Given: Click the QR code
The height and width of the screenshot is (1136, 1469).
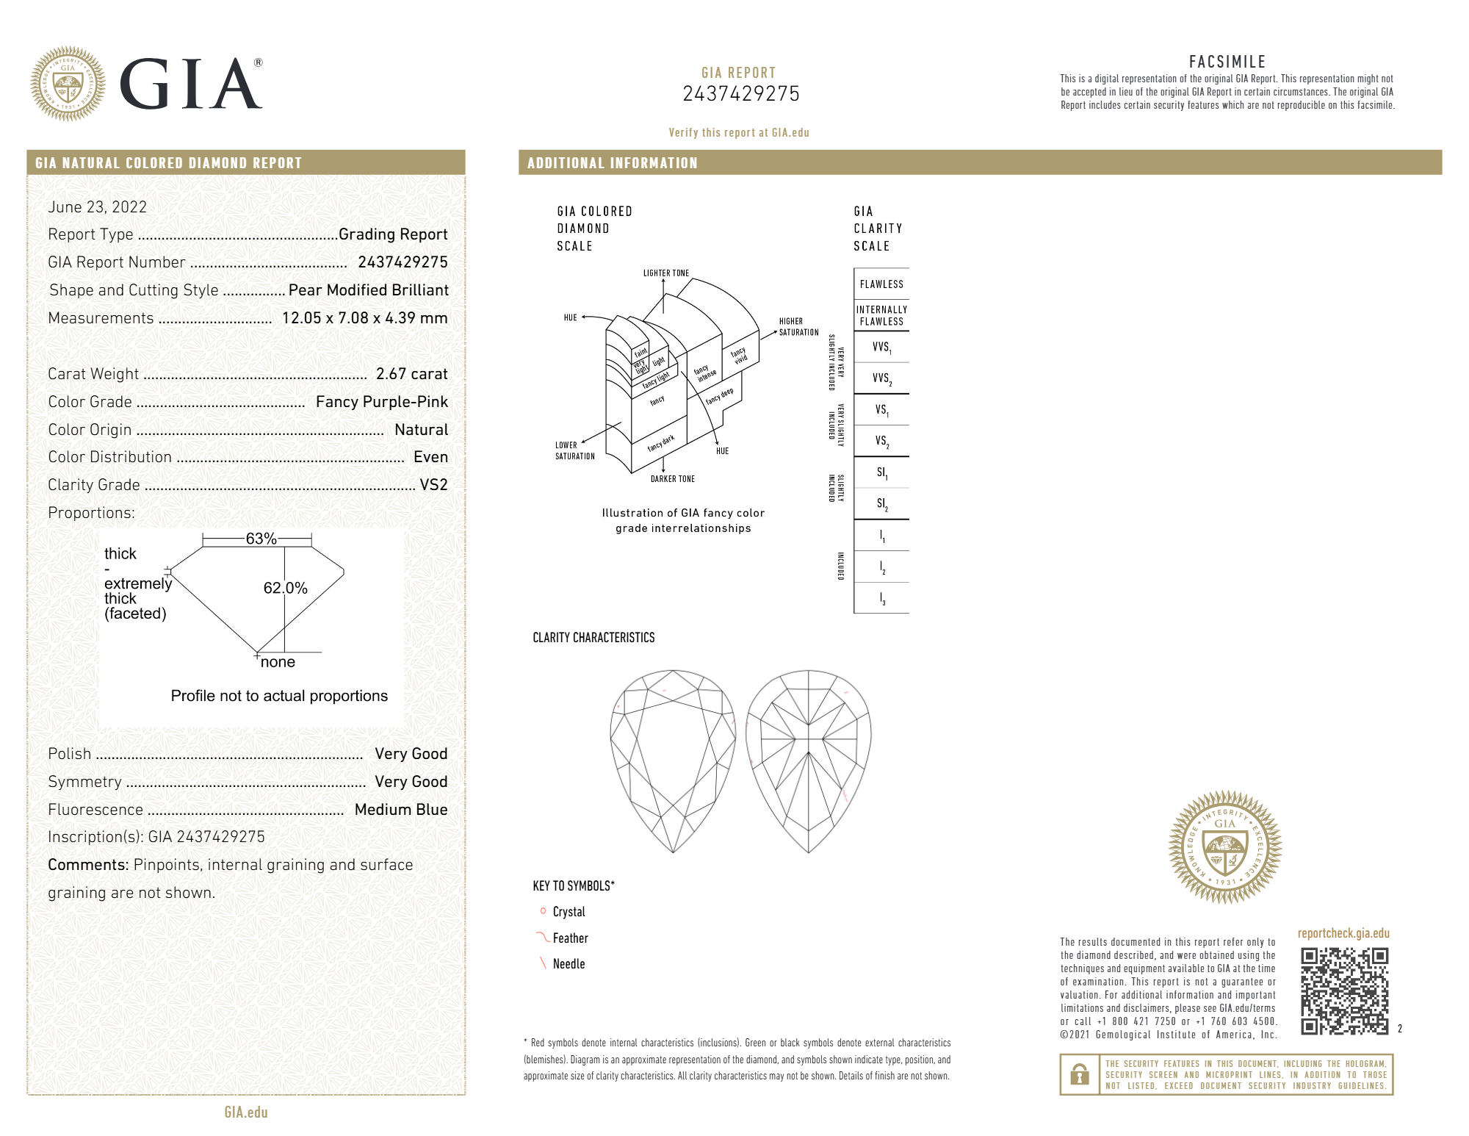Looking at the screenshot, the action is click(1344, 991).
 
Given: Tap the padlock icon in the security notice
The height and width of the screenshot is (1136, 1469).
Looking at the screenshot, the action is click(1079, 1074).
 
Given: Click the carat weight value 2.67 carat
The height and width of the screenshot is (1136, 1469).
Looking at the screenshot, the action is click(411, 374).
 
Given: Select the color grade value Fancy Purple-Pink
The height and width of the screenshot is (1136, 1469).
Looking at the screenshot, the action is click(382, 402).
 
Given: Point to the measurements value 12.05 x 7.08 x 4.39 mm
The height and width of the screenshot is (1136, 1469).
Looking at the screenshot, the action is click(365, 318).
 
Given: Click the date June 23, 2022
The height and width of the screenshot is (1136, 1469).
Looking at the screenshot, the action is click(98, 207).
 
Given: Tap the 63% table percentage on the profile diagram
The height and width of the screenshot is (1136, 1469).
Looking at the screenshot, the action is click(261, 539).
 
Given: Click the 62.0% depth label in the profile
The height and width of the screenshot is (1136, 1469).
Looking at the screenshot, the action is click(285, 588).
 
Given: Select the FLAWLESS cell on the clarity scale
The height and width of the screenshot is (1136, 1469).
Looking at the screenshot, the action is click(881, 284).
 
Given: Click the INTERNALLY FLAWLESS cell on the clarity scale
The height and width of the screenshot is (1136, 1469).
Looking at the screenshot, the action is click(881, 315).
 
